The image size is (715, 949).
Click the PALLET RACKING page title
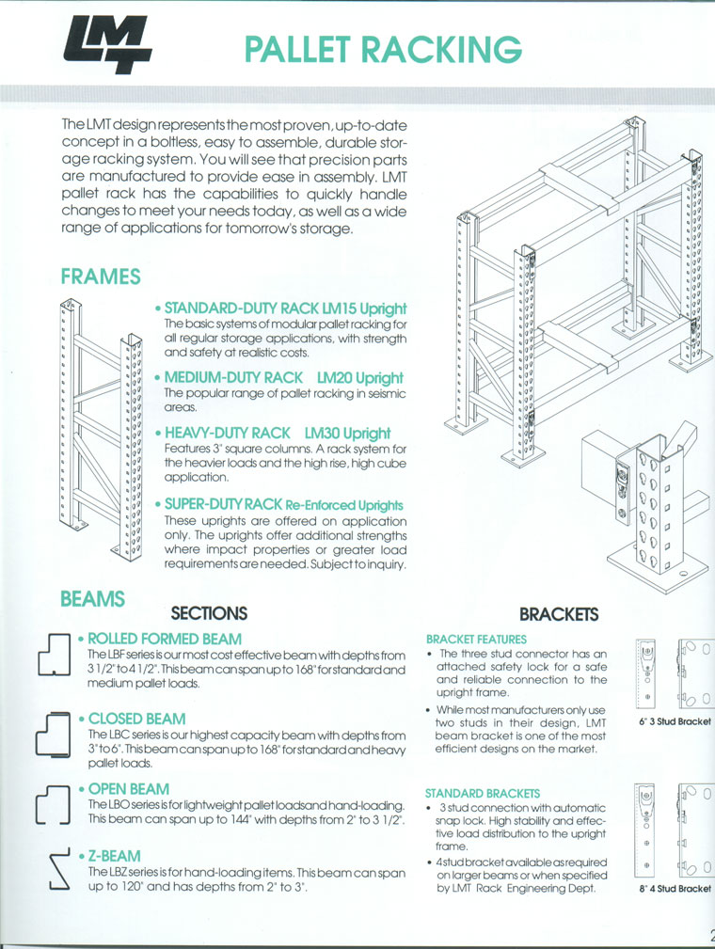coord(381,50)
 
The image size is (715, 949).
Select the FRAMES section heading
coord(100,277)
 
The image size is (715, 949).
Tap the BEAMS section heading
coord(92,598)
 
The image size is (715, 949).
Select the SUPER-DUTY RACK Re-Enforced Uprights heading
coord(283,505)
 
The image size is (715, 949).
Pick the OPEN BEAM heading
coord(129,789)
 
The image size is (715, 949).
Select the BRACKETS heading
coord(559,614)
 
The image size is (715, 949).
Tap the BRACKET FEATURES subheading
coord(476,639)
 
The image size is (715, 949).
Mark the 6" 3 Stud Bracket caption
coord(675,721)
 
